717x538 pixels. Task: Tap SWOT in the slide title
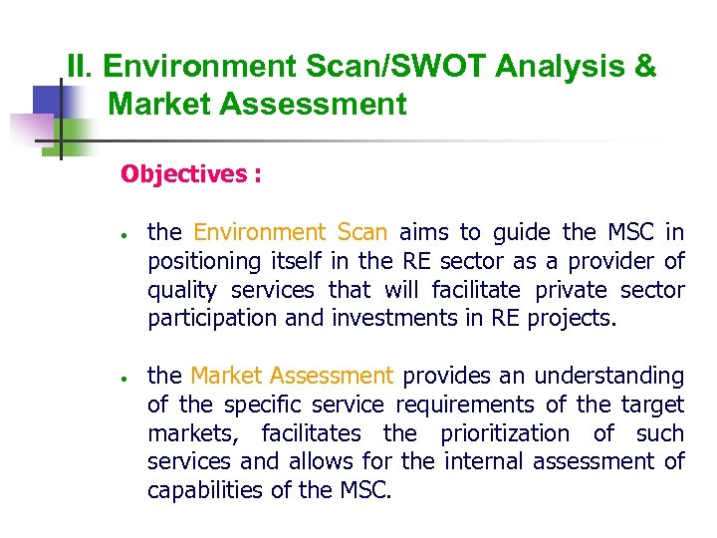point(422,67)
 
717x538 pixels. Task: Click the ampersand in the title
point(644,67)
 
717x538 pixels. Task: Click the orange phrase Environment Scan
point(290,233)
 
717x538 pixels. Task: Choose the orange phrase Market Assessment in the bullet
point(292,377)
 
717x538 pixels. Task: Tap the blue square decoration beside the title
point(49,103)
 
